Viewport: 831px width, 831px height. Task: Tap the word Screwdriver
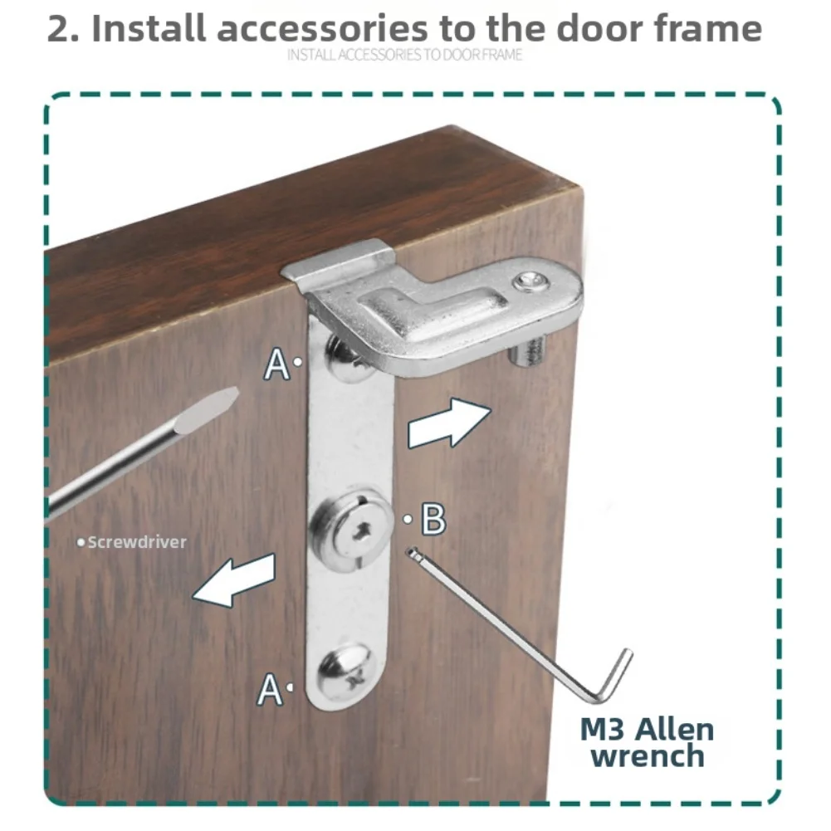[x=137, y=542]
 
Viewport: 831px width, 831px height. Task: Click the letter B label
[x=433, y=519]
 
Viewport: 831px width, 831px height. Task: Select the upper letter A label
[x=276, y=364]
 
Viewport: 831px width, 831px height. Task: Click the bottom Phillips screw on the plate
[x=345, y=673]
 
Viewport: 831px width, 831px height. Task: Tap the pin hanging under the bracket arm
[x=527, y=350]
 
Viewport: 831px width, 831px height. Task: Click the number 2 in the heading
[x=60, y=29]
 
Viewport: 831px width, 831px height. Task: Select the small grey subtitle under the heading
[x=405, y=55]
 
